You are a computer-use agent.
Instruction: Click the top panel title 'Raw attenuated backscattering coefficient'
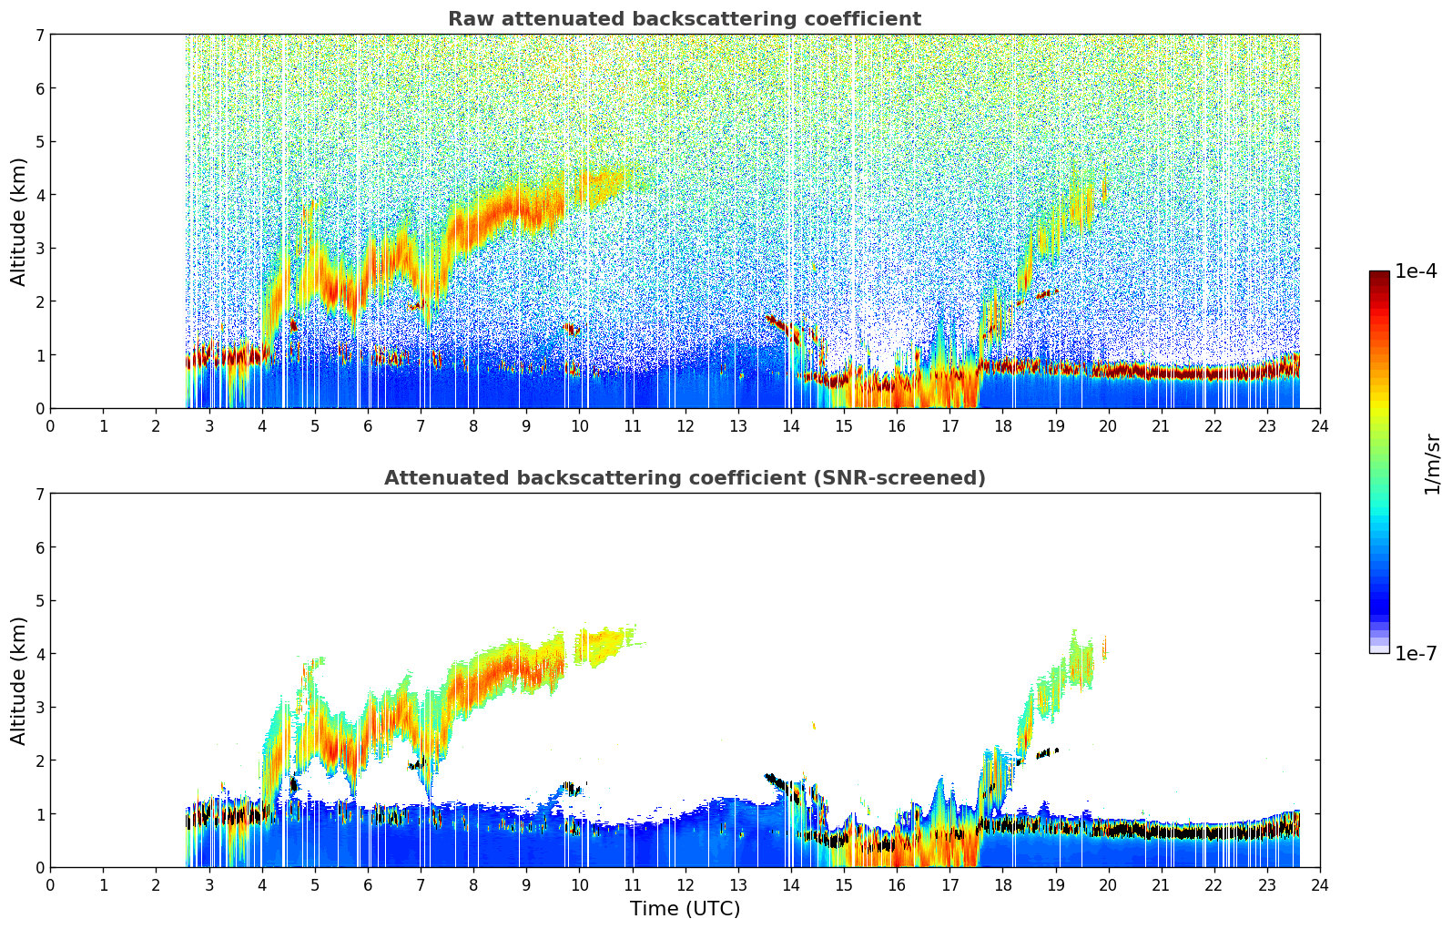[x=684, y=19]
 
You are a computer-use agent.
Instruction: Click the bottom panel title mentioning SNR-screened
[x=684, y=478]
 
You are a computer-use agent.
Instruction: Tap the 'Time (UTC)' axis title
[x=685, y=909]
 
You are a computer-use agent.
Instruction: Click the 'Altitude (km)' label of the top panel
[x=19, y=221]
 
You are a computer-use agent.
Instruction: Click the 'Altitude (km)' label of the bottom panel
[x=19, y=680]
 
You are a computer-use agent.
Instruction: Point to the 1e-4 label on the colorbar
[x=1416, y=271]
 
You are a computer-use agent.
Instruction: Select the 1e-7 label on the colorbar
[x=1416, y=653]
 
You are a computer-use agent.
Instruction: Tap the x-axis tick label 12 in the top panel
[x=685, y=425]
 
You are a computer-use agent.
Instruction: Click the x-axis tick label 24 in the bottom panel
[x=1319, y=884]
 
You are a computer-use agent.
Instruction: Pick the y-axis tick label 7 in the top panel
[x=39, y=35]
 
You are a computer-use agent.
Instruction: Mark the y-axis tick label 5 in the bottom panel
[x=39, y=600]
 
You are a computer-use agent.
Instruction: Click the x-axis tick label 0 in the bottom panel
[x=50, y=884]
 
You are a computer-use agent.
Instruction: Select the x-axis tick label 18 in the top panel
[x=1002, y=425]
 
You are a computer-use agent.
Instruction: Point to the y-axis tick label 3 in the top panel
[x=39, y=248]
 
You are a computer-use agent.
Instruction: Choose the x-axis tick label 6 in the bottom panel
[x=368, y=884]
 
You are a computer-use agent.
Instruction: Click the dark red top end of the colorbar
[x=1378, y=275]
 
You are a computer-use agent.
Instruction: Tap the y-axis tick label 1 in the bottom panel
[x=39, y=813]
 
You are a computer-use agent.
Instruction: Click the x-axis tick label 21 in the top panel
[x=1161, y=425]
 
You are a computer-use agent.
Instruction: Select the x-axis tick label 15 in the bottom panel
[x=844, y=884]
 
